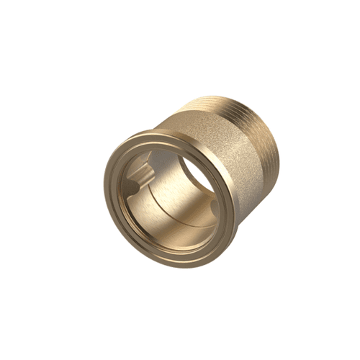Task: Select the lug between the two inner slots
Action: coord(134,180)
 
